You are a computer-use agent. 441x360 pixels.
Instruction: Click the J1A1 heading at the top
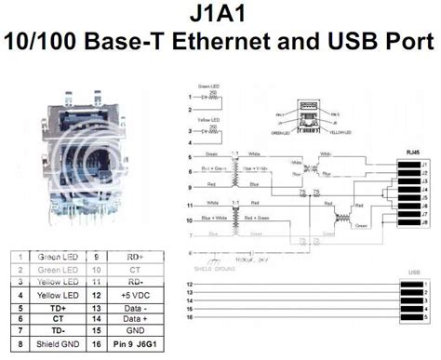point(220,15)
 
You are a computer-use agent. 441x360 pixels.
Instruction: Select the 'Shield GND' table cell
point(58,343)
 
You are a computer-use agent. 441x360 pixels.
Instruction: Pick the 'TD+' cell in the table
point(58,308)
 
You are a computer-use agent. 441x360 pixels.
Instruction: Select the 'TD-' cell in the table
point(58,331)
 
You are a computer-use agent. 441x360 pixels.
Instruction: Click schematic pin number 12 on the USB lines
point(190,283)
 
